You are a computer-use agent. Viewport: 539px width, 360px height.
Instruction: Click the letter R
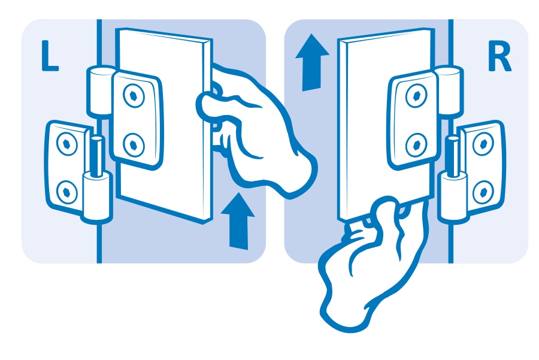(x=499, y=57)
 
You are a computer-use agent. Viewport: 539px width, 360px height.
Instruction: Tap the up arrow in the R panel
(x=312, y=62)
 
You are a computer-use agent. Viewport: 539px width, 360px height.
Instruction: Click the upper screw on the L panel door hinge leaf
(x=134, y=96)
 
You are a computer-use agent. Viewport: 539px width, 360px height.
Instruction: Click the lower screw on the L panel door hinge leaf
(x=134, y=145)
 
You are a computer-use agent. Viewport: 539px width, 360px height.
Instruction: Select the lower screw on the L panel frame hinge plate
(x=66, y=192)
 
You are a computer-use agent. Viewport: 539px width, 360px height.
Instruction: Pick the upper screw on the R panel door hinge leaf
(x=416, y=95)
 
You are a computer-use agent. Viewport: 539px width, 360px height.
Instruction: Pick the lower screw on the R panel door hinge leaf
(x=417, y=145)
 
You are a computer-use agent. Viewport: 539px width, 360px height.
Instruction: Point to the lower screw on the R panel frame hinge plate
(x=483, y=192)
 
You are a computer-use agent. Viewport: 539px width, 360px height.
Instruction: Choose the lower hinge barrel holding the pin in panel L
(x=97, y=196)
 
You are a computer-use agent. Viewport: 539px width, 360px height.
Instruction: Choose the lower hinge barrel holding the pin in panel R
(x=453, y=196)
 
